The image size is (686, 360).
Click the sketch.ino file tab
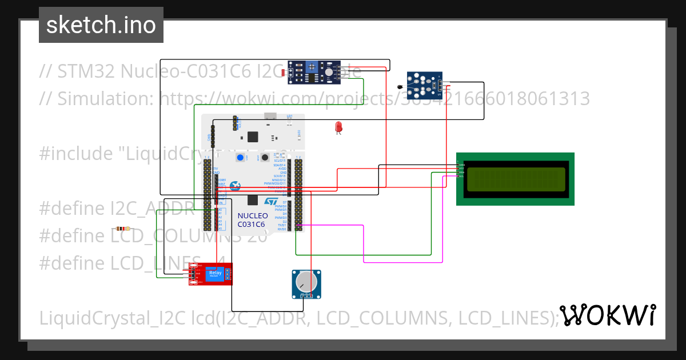pos(101,25)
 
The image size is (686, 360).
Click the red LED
pos(338,127)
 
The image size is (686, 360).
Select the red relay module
pos(211,274)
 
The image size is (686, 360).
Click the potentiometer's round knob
pos(306,282)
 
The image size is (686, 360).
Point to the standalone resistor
pos(122,228)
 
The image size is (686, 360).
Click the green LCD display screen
pos(516,179)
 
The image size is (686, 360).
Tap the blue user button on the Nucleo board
pos(241,158)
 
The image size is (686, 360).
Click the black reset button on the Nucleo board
pos(266,158)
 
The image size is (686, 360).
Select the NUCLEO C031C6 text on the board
pos(252,220)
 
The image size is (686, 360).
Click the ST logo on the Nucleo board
pos(271,201)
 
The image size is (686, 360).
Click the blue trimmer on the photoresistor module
pos(312,66)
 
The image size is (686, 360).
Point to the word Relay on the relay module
pos(215,273)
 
